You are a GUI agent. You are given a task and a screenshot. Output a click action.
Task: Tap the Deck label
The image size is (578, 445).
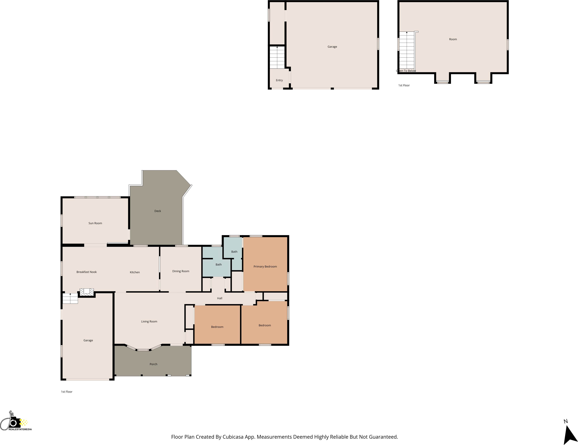(158, 211)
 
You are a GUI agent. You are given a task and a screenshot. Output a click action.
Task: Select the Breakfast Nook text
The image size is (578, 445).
(87, 272)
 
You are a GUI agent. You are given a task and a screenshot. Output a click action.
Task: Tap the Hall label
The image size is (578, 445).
(219, 298)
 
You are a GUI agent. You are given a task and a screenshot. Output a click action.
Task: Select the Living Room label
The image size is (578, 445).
(149, 322)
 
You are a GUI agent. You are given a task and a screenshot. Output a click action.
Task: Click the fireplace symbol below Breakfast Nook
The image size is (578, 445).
(87, 292)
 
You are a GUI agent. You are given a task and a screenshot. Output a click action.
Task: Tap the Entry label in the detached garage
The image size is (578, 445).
(279, 80)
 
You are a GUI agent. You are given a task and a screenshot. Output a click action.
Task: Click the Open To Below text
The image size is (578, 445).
(406, 71)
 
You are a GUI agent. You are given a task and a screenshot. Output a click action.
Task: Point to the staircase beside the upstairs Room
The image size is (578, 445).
(407, 50)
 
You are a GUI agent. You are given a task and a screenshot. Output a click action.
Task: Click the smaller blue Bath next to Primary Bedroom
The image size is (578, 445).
(234, 252)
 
